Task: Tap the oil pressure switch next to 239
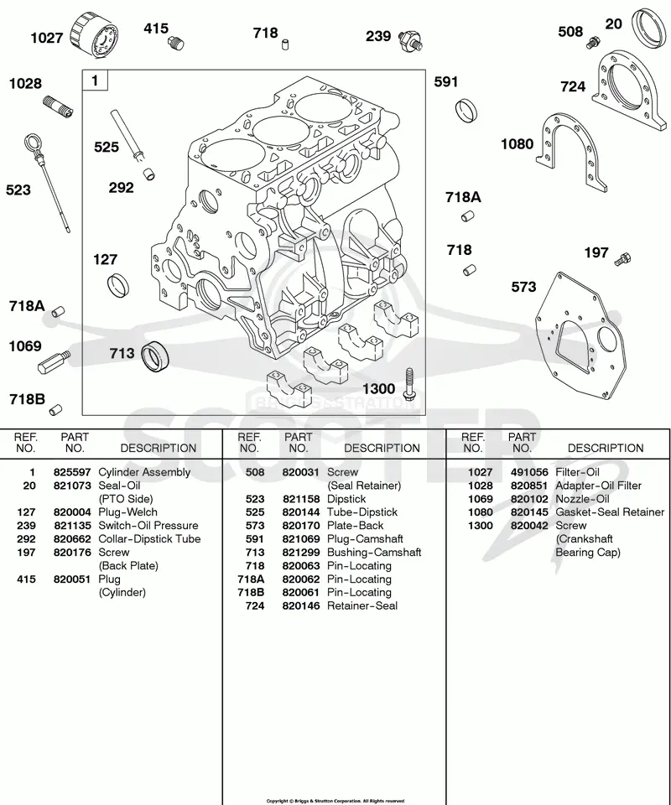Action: click(x=412, y=40)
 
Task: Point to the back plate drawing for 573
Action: click(x=580, y=338)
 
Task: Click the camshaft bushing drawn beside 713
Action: click(x=155, y=356)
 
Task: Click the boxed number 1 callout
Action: click(x=95, y=80)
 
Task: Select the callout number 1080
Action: click(x=517, y=144)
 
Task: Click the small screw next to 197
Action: click(x=622, y=259)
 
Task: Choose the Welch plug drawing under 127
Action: click(x=118, y=285)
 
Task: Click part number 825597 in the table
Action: click(x=72, y=472)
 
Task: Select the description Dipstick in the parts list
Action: click(x=346, y=499)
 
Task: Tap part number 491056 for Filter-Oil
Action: click(x=529, y=472)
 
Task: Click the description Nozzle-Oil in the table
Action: click(x=582, y=499)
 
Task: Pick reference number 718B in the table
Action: click(x=251, y=593)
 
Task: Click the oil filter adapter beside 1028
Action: click(x=58, y=106)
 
